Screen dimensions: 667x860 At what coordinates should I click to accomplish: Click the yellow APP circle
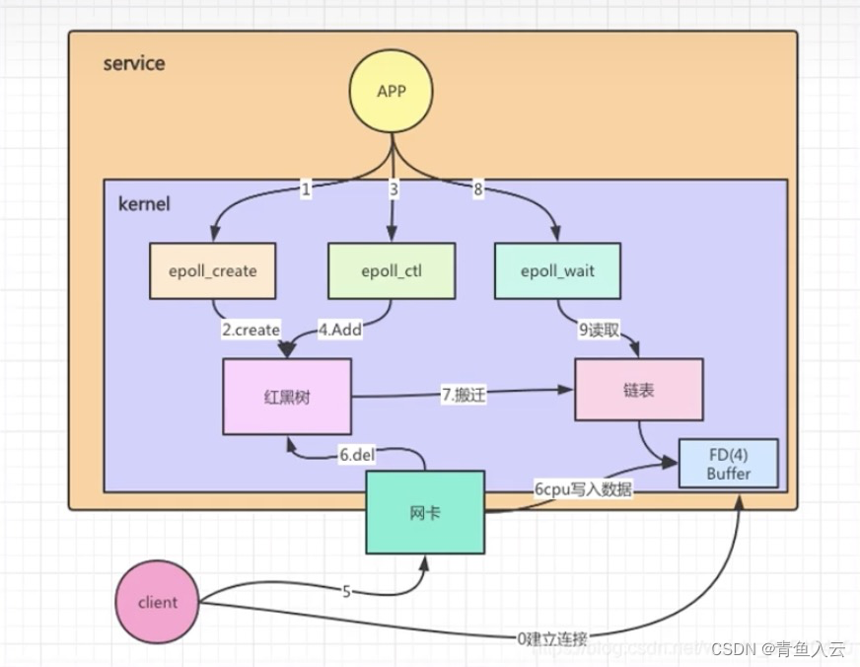click(392, 93)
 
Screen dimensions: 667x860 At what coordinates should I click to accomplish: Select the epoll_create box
click(212, 270)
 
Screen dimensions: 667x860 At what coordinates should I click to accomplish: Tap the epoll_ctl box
click(391, 270)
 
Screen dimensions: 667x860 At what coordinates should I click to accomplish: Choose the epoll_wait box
click(558, 270)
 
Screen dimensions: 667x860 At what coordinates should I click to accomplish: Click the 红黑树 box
click(287, 396)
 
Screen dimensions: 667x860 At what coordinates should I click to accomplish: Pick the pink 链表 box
click(639, 390)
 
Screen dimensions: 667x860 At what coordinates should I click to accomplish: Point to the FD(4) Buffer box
click(728, 464)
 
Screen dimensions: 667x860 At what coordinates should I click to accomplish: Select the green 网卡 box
click(425, 511)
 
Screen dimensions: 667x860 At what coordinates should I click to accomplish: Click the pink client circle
click(158, 602)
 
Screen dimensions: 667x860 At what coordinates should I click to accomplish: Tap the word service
click(134, 64)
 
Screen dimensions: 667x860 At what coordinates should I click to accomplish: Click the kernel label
click(144, 204)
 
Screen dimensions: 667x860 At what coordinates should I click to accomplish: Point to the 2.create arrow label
click(251, 330)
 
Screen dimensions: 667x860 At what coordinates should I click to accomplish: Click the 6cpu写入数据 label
click(581, 490)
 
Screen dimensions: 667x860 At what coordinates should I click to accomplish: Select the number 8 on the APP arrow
click(478, 190)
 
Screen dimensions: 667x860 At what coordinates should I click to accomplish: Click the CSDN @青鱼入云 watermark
click(779, 649)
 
